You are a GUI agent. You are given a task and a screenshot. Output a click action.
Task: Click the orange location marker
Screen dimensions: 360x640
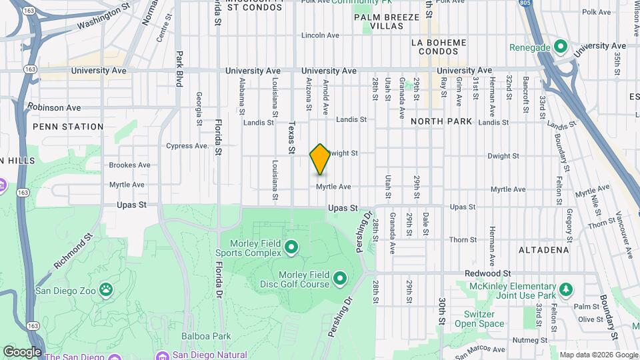[x=320, y=159]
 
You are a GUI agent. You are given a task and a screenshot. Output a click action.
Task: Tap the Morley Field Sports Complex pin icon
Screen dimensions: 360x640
[x=291, y=248]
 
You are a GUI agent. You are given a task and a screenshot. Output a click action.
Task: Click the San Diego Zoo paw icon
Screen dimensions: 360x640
[x=106, y=289]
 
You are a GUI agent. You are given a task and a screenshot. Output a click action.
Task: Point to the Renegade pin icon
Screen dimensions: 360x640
[x=561, y=47]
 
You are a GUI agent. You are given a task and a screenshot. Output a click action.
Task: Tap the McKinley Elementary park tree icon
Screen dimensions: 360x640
[x=566, y=289]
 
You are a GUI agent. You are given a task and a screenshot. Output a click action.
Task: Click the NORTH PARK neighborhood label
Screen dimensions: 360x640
[x=441, y=121]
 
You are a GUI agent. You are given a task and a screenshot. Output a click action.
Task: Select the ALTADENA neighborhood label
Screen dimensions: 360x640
[x=544, y=250]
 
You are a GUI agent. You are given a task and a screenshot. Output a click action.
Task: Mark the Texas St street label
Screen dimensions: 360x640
[x=291, y=137]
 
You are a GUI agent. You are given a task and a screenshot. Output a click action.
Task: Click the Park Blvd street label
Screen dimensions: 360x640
[x=179, y=69]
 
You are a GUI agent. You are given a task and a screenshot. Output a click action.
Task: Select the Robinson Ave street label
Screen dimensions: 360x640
[x=54, y=107]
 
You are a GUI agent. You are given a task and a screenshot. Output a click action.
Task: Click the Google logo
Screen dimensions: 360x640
[x=22, y=351]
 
